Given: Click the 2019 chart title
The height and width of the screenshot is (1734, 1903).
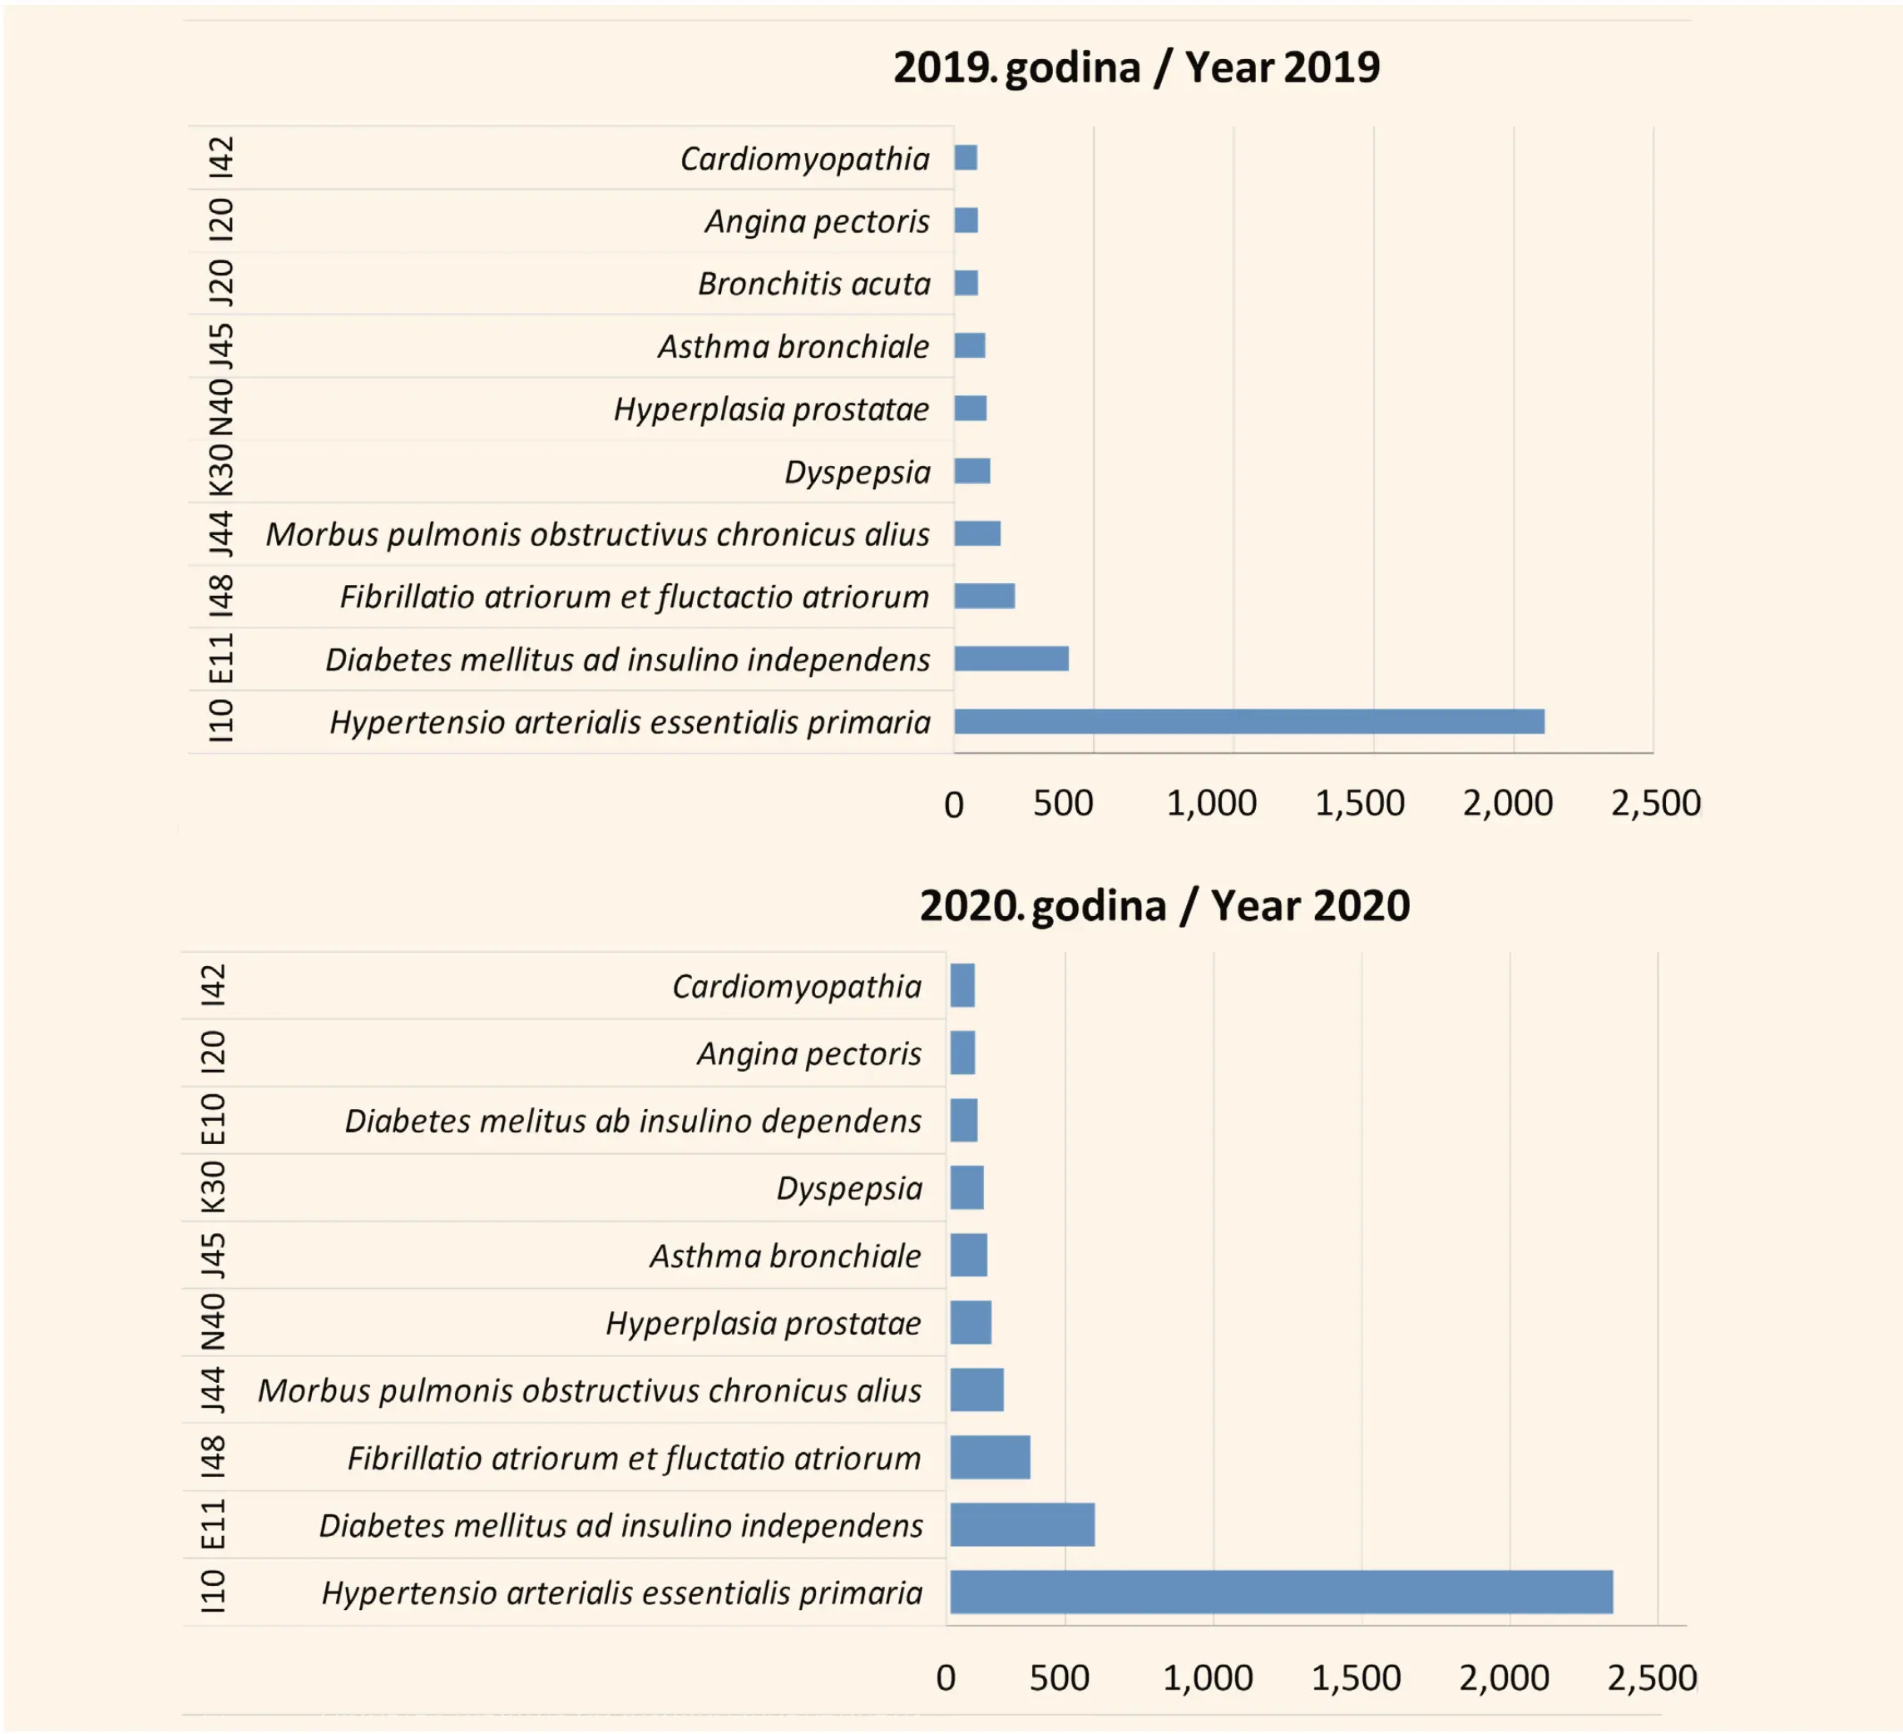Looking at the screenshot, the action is (x=1136, y=68).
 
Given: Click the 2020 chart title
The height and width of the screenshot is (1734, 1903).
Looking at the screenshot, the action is (x=1164, y=906).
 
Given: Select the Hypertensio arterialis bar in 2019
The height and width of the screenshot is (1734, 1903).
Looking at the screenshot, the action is (x=1249, y=721).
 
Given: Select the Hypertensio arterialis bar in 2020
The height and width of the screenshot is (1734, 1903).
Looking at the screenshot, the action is (x=1281, y=1593).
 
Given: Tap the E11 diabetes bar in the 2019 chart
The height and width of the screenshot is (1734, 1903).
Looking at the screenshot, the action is (x=1011, y=658).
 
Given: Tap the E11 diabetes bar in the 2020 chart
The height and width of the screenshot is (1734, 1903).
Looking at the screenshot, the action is (x=1022, y=1524).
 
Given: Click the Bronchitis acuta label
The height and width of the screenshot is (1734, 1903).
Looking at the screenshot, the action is (x=813, y=284).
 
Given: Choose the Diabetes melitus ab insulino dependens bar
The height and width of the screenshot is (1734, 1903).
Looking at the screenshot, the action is (x=964, y=1120).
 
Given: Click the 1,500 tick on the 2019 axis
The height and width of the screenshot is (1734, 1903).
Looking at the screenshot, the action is (x=1359, y=804).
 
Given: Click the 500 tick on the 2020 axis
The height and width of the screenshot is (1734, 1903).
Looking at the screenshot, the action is (x=1059, y=1677).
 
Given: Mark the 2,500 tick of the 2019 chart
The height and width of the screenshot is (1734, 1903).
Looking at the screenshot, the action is (x=1656, y=804).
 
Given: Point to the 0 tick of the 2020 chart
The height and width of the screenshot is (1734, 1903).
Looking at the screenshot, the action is (x=946, y=1678).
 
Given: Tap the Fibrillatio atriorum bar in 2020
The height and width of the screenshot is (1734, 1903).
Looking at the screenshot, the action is (x=991, y=1457).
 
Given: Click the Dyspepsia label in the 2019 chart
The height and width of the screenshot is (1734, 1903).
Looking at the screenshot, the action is (x=858, y=471).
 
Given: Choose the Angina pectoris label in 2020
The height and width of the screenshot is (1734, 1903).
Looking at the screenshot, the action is (x=809, y=1053).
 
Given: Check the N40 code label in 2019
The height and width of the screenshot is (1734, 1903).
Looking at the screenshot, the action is (x=221, y=408).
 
